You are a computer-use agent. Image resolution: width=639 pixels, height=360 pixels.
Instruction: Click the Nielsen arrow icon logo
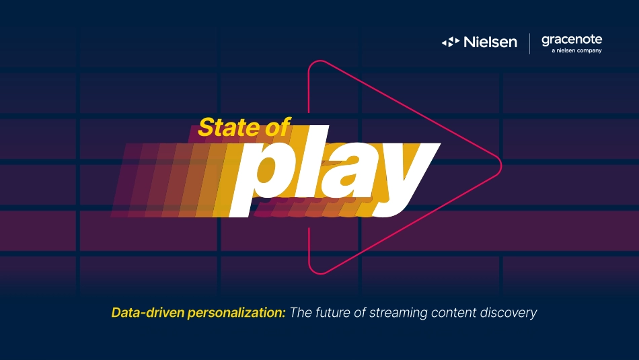[450, 42]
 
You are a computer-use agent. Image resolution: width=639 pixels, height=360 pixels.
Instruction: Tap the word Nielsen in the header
[490, 42]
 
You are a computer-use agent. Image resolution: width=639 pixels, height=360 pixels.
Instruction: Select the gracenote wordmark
[572, 40]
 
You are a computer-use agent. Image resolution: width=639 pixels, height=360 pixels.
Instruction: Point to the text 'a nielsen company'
[576, 50]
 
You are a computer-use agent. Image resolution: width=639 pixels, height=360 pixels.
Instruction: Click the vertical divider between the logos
[529, 44]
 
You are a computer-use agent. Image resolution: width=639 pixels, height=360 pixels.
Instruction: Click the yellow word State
[229, 127]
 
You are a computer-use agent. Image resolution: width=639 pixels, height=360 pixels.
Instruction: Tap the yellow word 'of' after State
[278, 127]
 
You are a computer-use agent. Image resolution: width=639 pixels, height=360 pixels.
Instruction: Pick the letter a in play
[349, 171]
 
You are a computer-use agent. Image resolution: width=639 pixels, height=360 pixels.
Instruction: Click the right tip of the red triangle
[501, 166]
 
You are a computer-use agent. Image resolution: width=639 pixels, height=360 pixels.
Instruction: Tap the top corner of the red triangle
[321, 61]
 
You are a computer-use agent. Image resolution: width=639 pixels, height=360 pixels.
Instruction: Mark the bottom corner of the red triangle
[321, 273]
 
